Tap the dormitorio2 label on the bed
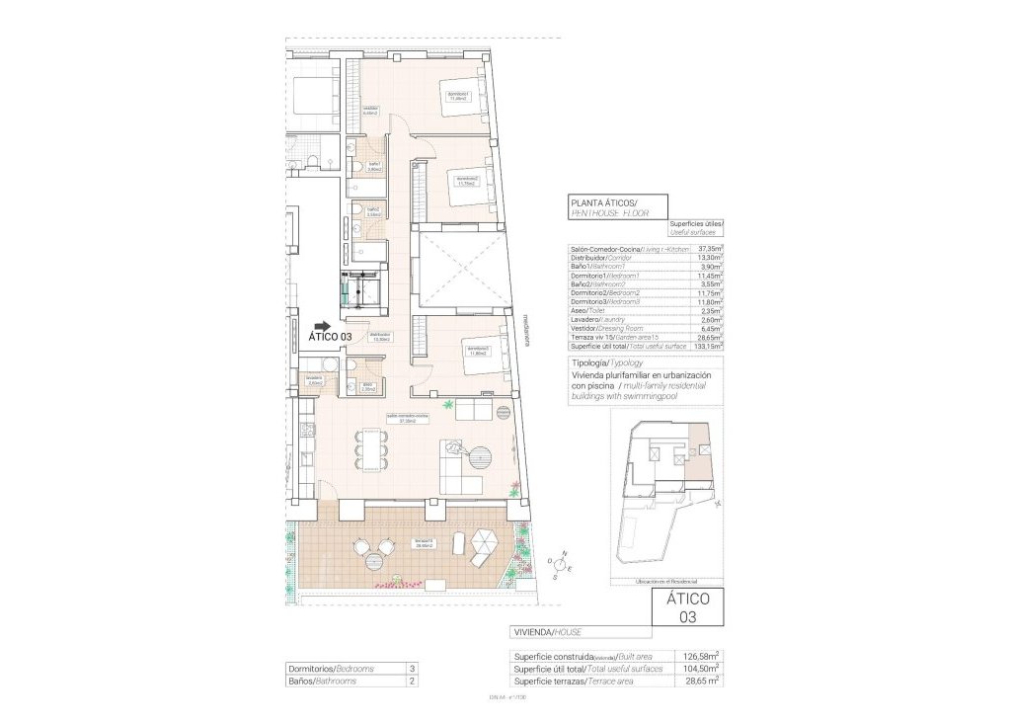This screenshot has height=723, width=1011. [466, 181]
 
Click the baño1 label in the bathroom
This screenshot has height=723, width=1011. [374, 167]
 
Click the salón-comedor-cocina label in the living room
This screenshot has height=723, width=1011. [407, 418]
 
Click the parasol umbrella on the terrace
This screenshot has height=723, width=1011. [486, 542]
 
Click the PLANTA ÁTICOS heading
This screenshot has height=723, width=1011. [604, 202]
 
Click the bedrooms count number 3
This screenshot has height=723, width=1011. [411, 669]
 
